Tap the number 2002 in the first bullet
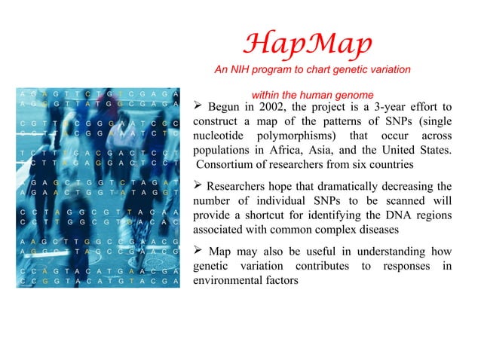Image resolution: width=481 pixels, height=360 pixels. click(270, 106)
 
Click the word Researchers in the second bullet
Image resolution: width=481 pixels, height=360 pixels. click(237, 187)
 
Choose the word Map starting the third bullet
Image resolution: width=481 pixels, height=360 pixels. click(220, 252)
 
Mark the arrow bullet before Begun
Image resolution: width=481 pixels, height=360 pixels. click(198, 106)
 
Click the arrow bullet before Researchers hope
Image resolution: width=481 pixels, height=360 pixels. click(198, 187)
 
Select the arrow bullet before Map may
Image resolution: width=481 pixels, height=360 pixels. click(198, 252)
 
